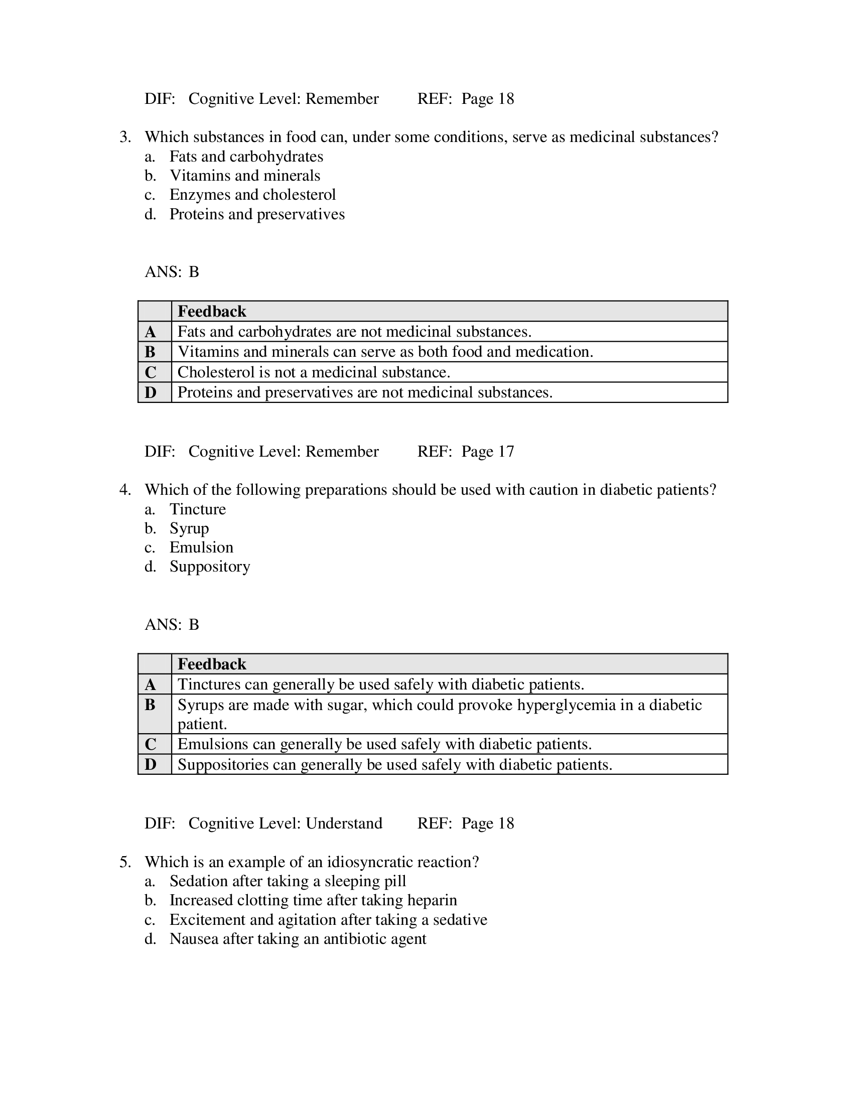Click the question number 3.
pos(125,137)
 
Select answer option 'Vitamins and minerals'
pos(244,176)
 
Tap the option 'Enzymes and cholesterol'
pos(252,195)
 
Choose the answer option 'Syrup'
pos(189,528)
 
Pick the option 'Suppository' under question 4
pos(210,567)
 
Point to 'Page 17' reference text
pos(487,452)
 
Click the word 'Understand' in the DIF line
pos(344,823)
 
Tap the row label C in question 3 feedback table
pos(151,372)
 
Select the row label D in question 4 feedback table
pos(151,764)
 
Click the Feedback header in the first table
pos(212,312)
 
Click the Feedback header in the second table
pos(212,664)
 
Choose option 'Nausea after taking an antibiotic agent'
pos(298,939)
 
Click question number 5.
pos(125,862)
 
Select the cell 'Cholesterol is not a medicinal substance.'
pos(313,372)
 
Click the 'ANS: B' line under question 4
pos(172,625)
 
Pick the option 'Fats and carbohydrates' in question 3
pos(246,157)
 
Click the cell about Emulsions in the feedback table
pos(384,744)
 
